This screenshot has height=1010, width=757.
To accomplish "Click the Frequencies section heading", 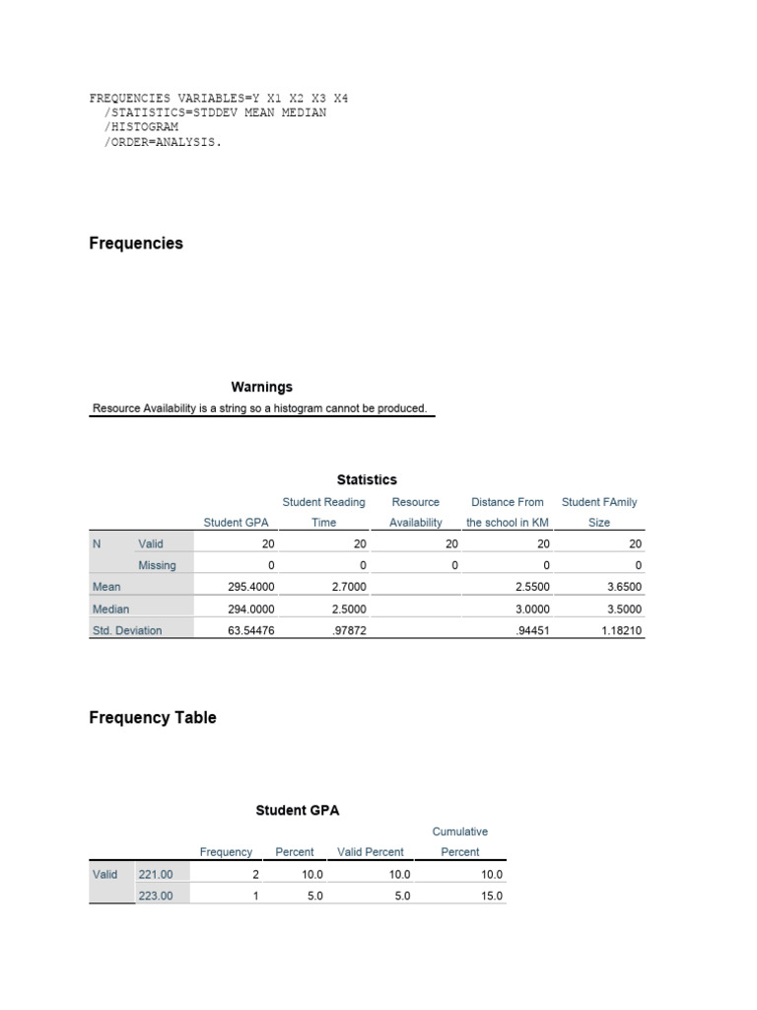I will pos(136,244).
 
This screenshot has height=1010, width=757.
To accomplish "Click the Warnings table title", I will pos(261,387).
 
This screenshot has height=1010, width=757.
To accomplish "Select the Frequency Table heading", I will pos(153,718).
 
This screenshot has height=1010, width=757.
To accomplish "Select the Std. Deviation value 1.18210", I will pos(620,630).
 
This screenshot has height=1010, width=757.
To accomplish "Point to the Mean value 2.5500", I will pos(528,586).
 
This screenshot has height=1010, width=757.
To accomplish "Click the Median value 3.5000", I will pos(620,609).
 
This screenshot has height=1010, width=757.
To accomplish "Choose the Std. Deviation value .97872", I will pos(347,630).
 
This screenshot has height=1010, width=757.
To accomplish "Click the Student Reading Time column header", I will pos(323,512).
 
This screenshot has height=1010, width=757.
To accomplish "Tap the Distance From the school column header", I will pos(507,512).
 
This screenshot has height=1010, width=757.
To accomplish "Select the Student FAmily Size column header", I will pos(599,512).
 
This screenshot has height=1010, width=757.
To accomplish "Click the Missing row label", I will pos(157,565).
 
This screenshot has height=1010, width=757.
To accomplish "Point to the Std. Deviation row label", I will pos(126,630).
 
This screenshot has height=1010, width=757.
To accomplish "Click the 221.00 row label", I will pos(156,874).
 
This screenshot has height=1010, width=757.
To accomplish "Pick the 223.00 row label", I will pos(156,896).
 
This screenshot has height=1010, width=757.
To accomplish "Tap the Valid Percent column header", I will pos(371,852).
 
